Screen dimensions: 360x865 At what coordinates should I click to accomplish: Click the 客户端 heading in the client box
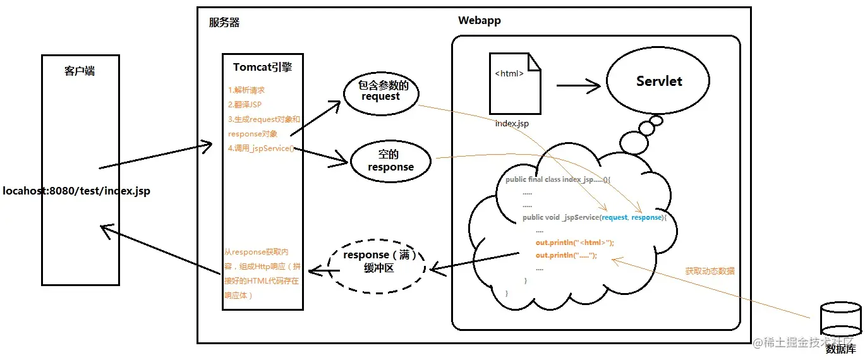click(80, 71)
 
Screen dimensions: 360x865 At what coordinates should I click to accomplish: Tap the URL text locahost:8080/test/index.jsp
click(76, 190)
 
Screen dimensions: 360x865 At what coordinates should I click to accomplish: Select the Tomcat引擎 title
click(262, 67)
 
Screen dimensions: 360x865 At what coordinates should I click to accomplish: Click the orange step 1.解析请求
click(246, 90)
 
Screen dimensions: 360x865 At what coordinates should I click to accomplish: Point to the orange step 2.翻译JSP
click(246, 105)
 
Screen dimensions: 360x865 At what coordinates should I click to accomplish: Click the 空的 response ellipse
click(390, 161)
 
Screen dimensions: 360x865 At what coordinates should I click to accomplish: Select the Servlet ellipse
click(659, 81)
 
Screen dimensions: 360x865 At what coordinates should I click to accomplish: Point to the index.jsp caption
click(512, 124)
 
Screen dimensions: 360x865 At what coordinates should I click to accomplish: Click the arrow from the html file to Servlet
click(578, 86)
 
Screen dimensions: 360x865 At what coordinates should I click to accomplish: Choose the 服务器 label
click(224, 23)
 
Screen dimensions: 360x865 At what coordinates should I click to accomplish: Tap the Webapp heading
click(479, 21)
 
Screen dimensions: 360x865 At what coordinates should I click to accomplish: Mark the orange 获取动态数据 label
click(710, 271)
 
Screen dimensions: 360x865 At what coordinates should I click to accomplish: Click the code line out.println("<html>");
click(574, 243)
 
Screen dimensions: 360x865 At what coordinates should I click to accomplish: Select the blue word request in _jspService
click(614, 217)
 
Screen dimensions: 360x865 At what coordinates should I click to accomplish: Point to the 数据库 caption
click(841, 349)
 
